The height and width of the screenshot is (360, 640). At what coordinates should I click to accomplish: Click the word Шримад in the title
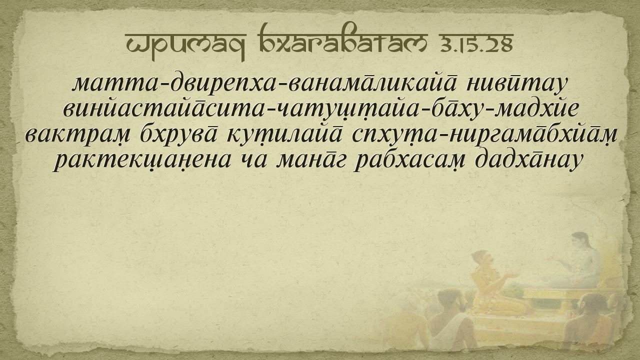pos(185,45)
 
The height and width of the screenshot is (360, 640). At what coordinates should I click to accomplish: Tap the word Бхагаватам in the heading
pos(342,39)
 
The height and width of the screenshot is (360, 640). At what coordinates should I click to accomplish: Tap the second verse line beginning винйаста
pos(320,109)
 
